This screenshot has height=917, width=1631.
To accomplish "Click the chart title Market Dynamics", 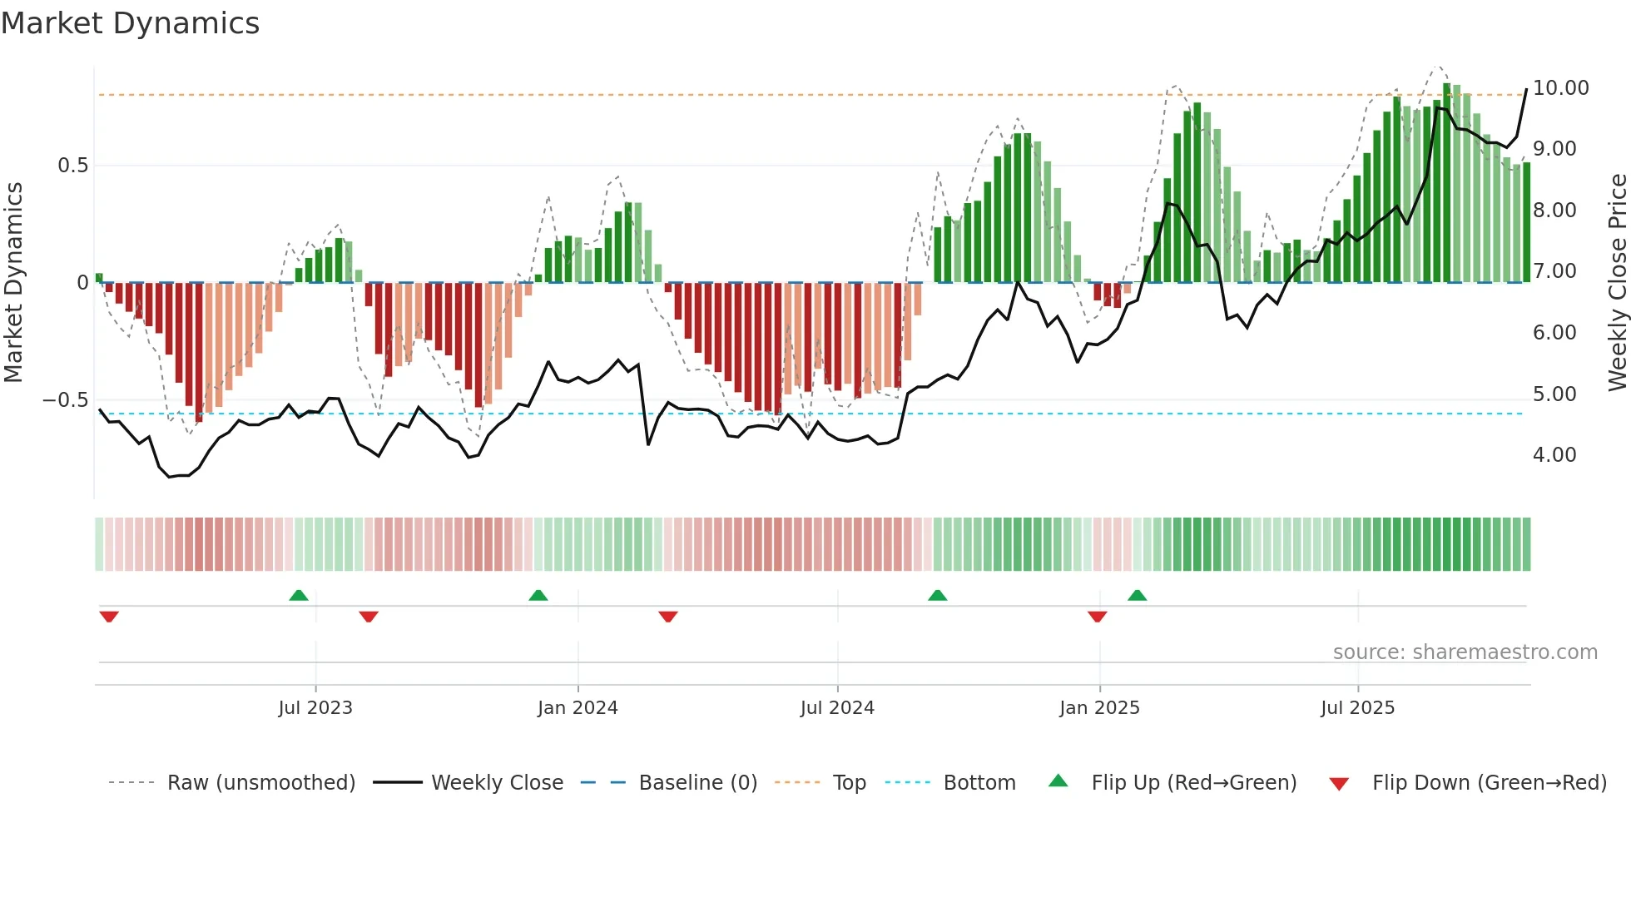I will pos(130,23).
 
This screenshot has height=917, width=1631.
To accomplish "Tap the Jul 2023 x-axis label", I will pos(315,708).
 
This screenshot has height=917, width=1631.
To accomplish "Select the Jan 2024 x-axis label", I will pos(578,708).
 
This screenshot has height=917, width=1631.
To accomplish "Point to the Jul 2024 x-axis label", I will pos(837,708).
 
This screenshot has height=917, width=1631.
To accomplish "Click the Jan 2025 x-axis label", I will pos(1099,708).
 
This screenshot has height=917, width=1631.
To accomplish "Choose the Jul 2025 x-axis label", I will pos(1357,708).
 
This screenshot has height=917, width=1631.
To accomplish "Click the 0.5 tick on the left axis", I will pos(72,166).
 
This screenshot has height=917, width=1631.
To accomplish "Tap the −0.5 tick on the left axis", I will pos(65,400).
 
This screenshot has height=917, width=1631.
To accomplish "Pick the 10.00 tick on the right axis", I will pos(1560,88).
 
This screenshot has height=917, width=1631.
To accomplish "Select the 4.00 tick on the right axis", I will pos(1554,455).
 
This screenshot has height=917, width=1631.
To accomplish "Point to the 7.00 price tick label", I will pos(1554,271).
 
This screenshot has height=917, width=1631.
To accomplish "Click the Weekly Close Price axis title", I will pos(1617,283).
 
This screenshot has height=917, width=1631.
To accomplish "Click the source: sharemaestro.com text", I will pos(1465,652).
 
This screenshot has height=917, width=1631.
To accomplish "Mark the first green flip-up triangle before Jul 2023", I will pos(299,595).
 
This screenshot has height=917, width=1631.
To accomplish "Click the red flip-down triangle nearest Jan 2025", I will pos(1097,617).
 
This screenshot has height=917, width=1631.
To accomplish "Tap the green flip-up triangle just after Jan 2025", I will pos(1137,595).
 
